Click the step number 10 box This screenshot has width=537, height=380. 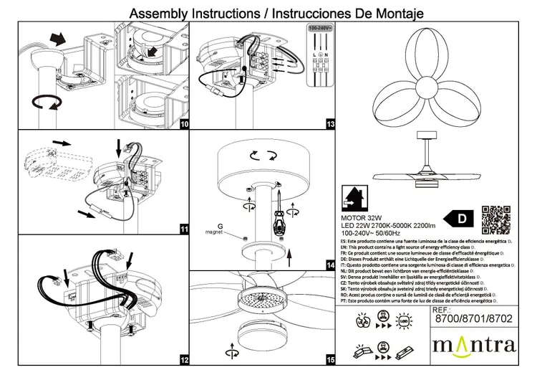click(x=184, y=125)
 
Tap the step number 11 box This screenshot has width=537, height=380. click(x=184, y=229)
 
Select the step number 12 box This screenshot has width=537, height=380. click(x=184, y=359)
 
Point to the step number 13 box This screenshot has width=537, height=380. click(x=330, y=125)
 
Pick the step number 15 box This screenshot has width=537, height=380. click(x=330, y=359)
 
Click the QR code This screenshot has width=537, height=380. click(x=495, y=219)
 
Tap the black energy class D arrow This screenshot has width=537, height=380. click(x=459, y=217)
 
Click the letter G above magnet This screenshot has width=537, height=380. click(x=220, y=227)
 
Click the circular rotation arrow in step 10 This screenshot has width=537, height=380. click(x=47, y=103)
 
